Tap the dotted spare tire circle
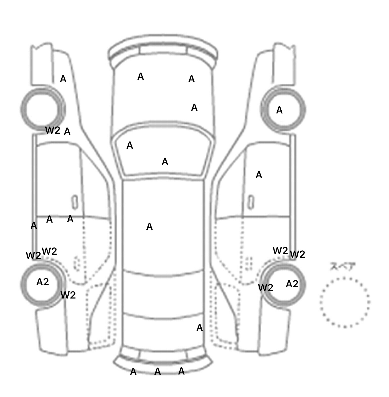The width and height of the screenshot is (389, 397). pyautogui.click(x=345, y=302)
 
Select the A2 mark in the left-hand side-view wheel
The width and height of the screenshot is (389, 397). pyautogui.click(x=43, y=282)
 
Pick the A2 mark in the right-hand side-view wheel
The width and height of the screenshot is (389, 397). pyautogui.click(x=292, y=284)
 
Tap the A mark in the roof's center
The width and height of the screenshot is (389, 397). pyautogui.click(x=149, y=227)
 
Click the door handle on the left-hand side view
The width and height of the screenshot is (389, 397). pyautogui.click(x=75, y=202)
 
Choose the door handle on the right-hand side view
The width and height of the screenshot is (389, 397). pyautogui.click(x=251, y=202)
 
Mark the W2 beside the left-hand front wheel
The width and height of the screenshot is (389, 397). pyautogui.click(x=53, y=130)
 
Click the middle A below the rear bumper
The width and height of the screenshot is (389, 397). pyautogui.click(x=158, y=371)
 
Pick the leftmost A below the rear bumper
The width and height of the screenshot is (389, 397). pyautogui.click(x=133, y=372)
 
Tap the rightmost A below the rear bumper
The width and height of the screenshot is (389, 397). pyautogui.click(x=181, y=371)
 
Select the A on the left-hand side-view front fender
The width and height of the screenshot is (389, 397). pyautogui.click(x=63, y=79)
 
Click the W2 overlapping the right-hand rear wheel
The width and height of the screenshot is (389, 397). pyautogui.click(x=266, y=288)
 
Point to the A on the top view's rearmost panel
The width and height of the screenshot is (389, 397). pyautogui.click(x=200, y=328)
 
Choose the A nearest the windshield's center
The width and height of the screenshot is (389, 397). pyautogui.click(x=165, y=162)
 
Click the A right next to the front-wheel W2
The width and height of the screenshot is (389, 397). pyautogui.click(x=67, y=132)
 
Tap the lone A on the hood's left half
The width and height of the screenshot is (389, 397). pyautogui.click(x=141, y=76)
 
